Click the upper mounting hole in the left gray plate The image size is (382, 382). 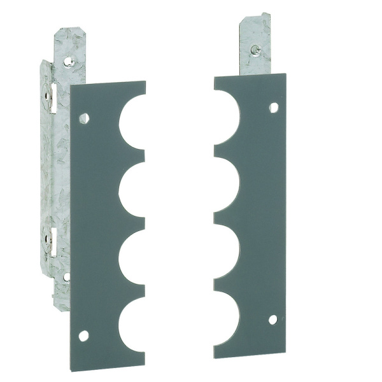tap(83, 118)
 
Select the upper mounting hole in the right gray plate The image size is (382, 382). tap(274, 108)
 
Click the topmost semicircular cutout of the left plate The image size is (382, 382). tap(134, 122)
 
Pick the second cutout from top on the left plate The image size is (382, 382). tap(134, 187)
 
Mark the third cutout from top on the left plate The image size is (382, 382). tap(134, 255)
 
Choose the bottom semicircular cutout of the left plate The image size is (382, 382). tap(134, 322)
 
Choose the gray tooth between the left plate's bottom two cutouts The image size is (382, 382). tap(131, 288)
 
